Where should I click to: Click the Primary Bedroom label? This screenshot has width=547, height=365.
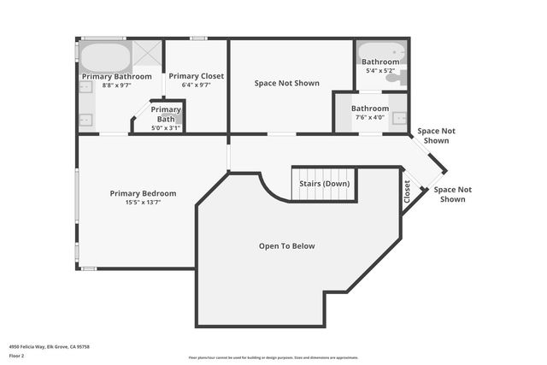pos(143,193)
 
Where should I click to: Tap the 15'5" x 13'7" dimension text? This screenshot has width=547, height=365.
pos(143,203)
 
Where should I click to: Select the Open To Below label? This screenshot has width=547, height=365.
pos(286,246)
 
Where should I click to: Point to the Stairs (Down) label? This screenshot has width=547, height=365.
pos(324,184)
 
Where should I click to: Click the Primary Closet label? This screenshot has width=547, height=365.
pos(196,76)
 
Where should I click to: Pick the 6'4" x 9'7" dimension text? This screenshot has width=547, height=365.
pos(196,85)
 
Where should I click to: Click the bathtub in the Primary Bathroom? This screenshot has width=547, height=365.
pos(105,58)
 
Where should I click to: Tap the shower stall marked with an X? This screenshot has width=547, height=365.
pos(147,53)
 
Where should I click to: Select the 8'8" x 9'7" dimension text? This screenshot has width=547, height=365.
pos(116,85)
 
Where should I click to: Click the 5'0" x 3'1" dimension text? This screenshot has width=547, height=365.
pos(166,127)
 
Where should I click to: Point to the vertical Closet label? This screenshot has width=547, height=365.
pos(408,193)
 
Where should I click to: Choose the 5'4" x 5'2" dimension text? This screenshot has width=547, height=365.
pos(380,71)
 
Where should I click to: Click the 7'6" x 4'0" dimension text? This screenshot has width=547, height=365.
pos(370,118)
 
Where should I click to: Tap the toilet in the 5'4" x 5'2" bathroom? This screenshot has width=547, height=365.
pos(396,78)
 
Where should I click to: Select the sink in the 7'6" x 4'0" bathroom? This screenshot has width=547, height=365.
pos(398,119)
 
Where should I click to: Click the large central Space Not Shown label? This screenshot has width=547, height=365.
pos(287,83)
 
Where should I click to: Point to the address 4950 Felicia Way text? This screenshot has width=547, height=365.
pos(49,346)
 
